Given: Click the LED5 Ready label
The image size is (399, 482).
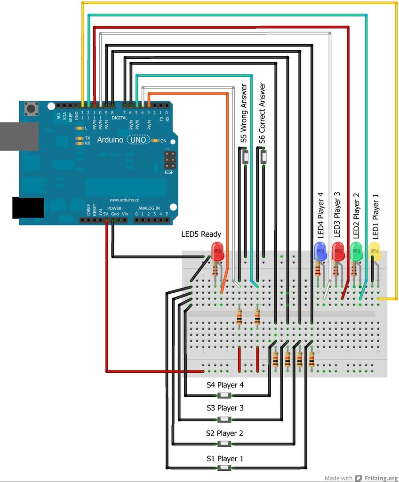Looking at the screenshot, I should tap(201, 234).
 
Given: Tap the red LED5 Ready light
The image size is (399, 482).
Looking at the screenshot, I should tap(217, 251).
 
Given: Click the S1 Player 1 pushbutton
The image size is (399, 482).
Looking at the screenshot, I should tap(225, 468).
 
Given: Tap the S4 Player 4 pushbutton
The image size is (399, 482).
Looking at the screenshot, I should tap(225, 395).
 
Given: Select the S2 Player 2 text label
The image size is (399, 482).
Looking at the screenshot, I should tap(224, 433).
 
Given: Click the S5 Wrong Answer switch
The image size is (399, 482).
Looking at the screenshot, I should tap(245, 156).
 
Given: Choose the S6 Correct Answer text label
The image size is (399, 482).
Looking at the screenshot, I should tap(263, 113).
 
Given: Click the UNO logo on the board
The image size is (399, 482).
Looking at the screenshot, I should tap(138, 140).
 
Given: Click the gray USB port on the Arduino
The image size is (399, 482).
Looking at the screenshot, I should tap(19, 136).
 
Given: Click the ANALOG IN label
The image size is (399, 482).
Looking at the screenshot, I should tap(149, 208).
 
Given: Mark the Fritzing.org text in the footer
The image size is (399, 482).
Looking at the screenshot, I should tap(380, 478).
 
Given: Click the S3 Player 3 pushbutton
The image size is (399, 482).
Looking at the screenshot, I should tap(225, 419).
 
